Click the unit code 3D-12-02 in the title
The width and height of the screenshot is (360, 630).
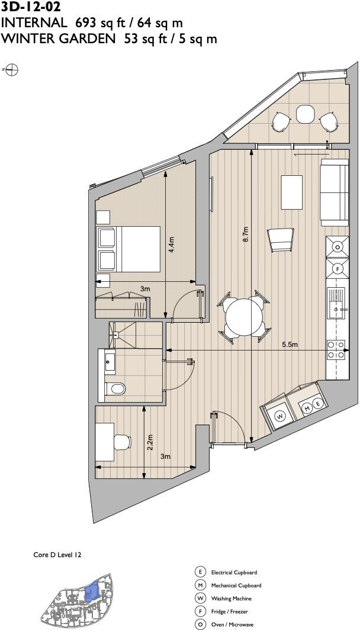(x=31, y=8)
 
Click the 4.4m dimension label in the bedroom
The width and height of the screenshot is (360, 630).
(x=172, y=246)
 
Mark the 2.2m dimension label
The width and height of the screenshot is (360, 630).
(x=150, y=441)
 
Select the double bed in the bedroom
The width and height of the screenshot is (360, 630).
(x=129, y=249)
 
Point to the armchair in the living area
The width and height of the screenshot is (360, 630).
(x=280, y=240)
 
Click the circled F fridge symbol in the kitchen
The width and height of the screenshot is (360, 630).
(x=338, y=268)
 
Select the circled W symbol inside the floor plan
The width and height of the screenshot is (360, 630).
(x=281, y=416)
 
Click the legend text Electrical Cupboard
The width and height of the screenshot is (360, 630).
(x=233, y=573)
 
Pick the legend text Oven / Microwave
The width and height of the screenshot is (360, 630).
(x=232, y=625)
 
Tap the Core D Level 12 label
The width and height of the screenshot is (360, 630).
(x=57, y=555)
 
